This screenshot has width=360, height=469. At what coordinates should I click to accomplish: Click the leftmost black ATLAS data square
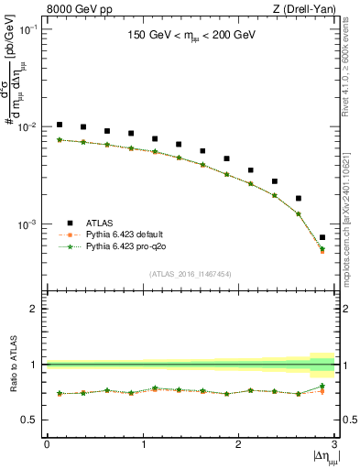point(60,125)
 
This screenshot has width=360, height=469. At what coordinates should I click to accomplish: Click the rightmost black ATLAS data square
point(322,237)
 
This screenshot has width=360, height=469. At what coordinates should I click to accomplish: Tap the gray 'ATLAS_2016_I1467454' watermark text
point(191,273)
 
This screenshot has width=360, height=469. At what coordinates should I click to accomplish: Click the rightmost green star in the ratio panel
point(322,386)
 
